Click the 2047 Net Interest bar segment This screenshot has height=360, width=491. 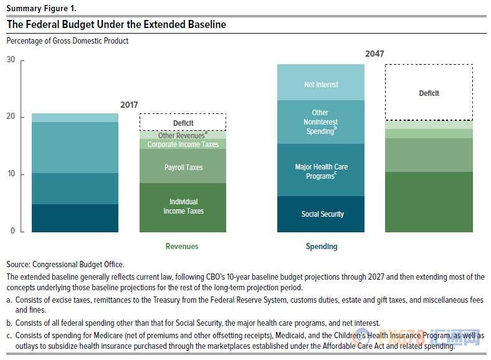[x=321, y=83]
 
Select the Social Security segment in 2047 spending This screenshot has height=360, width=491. [x=321, y=214]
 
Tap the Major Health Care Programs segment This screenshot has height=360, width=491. [x=321, y=170]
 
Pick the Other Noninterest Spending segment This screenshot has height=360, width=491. [x=321, y=122]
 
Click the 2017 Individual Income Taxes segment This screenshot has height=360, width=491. [x=183, y=207]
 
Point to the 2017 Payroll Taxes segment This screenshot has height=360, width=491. [x=183, y=167]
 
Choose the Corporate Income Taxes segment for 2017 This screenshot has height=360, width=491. [x=183, y=144]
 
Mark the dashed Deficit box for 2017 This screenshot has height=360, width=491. [x=183, y=123]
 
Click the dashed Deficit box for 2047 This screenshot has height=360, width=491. [x=429, y=93]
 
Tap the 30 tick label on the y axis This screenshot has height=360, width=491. [x=11, y=60]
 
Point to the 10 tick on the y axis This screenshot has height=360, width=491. [x=11, y=174]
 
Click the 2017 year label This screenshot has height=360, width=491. [x=129, y=105]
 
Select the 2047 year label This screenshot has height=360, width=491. [x=374, y=54]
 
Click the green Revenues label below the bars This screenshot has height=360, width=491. [x=182, y=246]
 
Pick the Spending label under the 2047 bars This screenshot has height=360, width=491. [x=322, y=246]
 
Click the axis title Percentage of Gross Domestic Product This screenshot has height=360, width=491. [x=67, y=41]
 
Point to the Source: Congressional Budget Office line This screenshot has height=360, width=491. [x=65, y=264]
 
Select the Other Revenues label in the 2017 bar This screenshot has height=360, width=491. [x=182, y=135]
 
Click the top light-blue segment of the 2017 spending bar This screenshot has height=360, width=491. [x=75, y=118]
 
